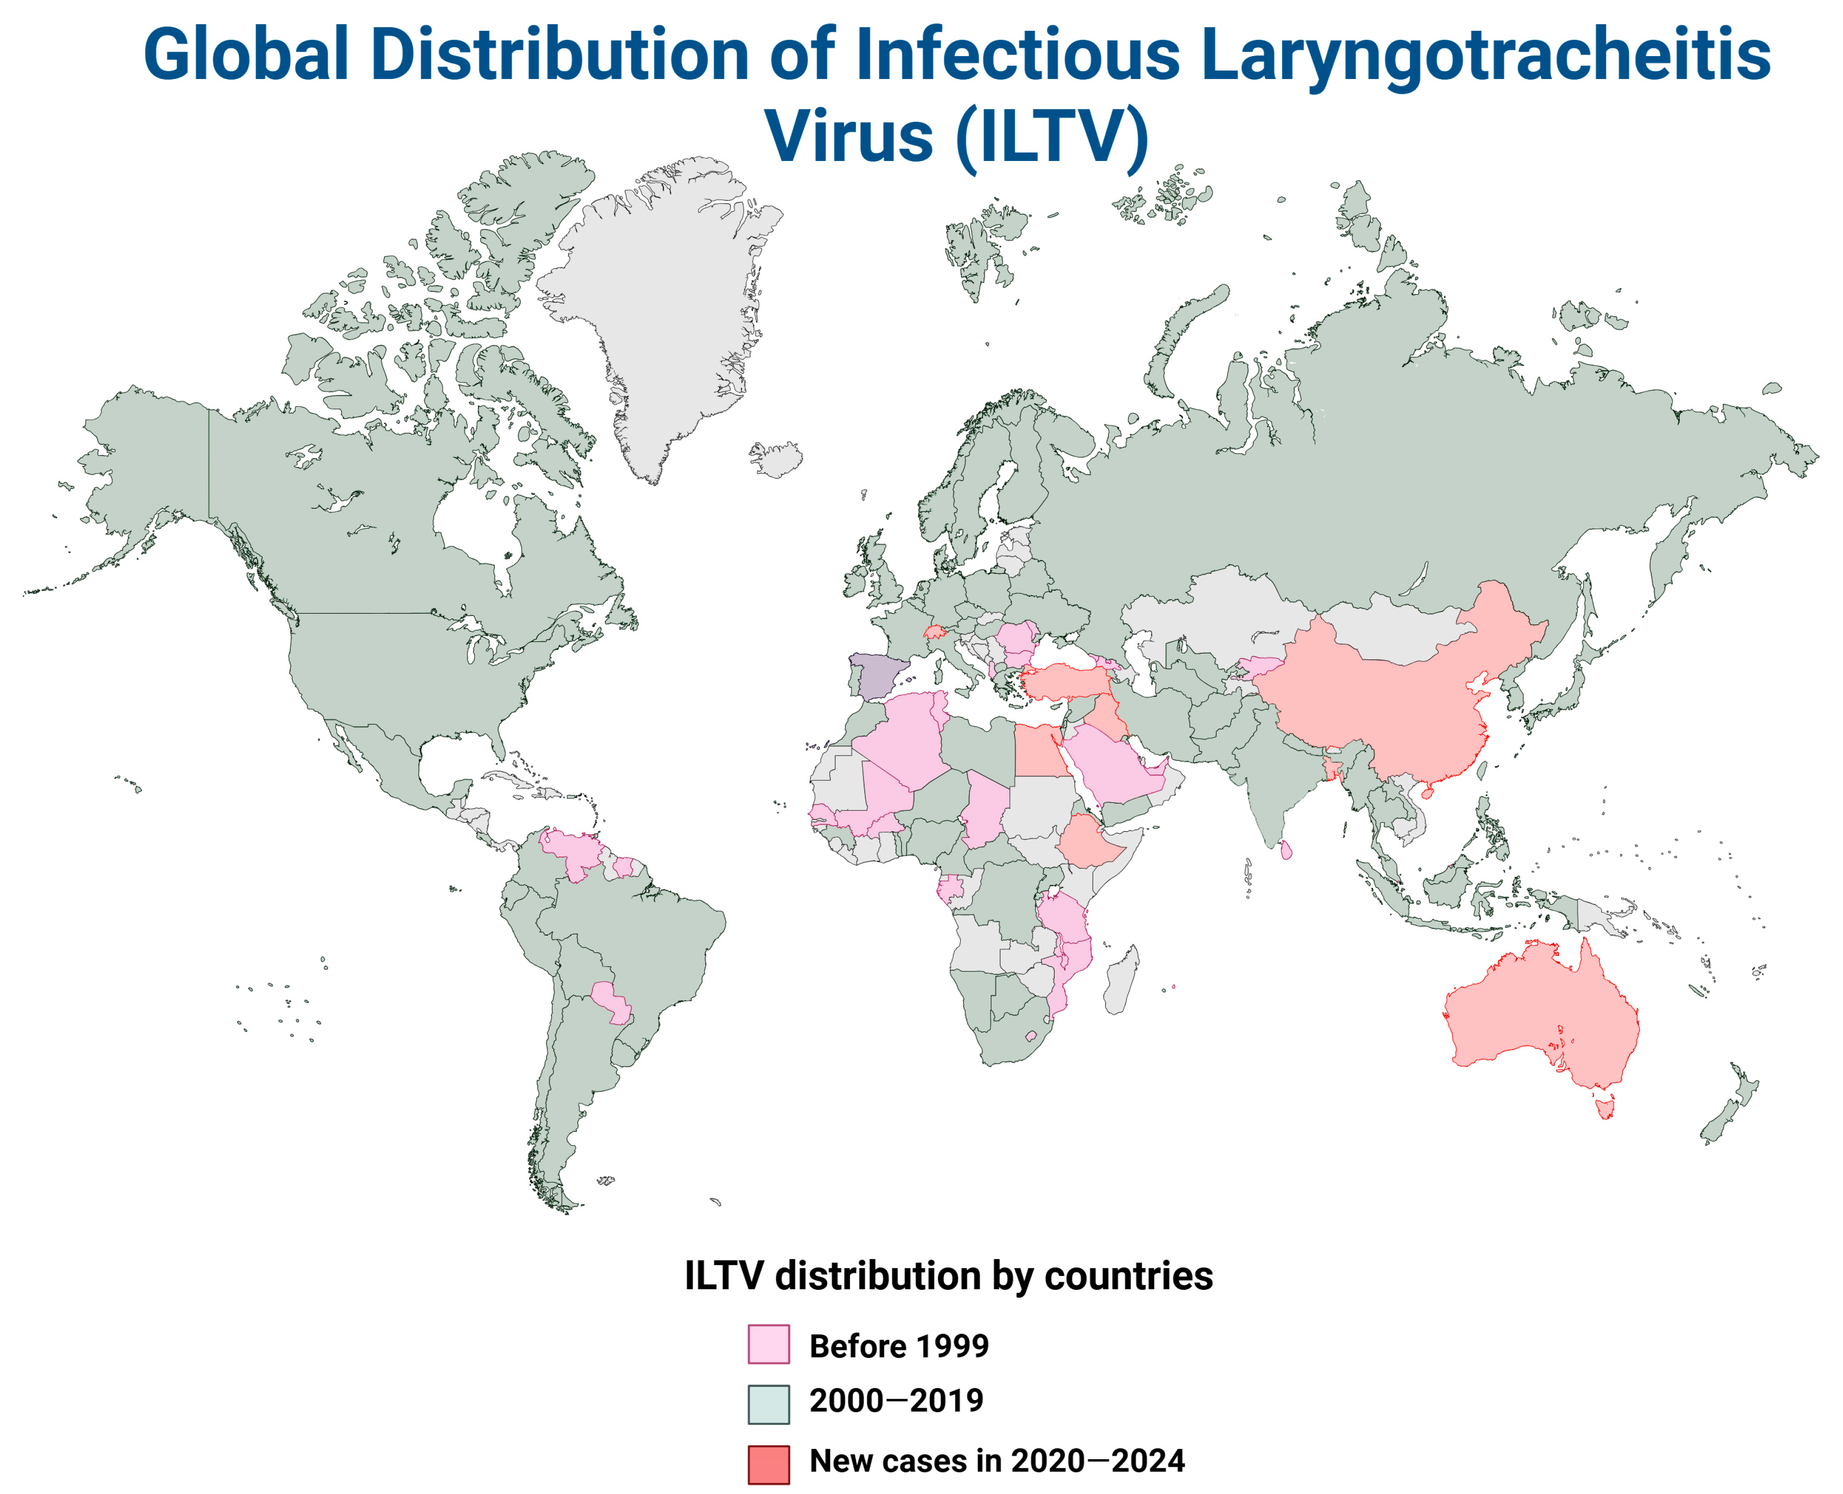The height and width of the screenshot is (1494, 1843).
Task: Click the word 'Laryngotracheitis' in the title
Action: (1484, 53)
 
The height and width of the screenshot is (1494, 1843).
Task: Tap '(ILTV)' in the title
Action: (1052, 136)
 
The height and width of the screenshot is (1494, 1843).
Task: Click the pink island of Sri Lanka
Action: (1286, 850)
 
